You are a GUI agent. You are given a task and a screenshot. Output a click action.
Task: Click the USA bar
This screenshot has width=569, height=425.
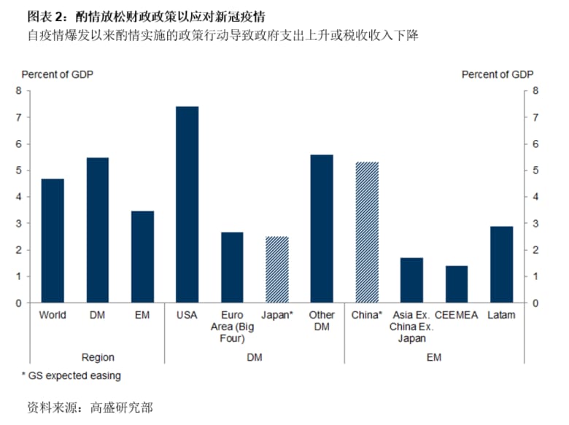(187, 204)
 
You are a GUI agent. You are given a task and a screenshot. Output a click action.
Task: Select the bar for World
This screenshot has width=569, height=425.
(53, 241)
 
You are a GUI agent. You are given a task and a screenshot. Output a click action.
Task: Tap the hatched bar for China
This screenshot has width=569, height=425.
(367, 232)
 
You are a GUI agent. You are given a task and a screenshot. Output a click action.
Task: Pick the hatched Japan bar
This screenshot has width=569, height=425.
(277, 269)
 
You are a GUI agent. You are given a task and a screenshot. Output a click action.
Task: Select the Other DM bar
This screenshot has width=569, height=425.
(322, 228)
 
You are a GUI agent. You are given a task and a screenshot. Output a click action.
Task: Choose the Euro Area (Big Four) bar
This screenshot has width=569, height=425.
(232, 267)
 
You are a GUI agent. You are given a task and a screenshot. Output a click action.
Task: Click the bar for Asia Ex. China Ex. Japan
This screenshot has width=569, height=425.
(412, 280)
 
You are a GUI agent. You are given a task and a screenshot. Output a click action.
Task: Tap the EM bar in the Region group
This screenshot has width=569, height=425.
(142, 257)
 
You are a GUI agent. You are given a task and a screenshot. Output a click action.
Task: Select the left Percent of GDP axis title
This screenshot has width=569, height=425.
(58, 74)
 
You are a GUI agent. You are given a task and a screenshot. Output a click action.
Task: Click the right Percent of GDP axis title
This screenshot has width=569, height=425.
(498, 74)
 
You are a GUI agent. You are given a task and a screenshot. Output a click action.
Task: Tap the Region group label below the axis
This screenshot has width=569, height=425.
(98, 357)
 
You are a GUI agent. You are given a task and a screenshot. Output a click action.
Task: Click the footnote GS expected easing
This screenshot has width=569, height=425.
(71, 376)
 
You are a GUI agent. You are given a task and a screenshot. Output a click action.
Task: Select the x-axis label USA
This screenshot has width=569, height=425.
(187, 315)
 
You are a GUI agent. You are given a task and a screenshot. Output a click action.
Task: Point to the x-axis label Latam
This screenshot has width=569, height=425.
(501, 315)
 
